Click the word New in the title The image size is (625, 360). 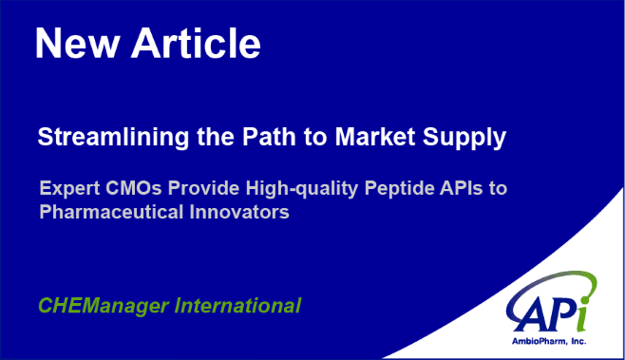tap(78, 44)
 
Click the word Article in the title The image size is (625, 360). tap(196, 43)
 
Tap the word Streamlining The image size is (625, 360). tap(113, 138)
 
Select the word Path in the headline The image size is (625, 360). tap(269, 137)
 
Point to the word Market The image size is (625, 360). tap(375, 137)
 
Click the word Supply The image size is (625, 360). tap(464, 138)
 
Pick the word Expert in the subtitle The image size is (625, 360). tap(69, 189)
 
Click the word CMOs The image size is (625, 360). tap(134, 188)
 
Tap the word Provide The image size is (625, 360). tap(203, 188)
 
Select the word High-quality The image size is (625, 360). tap(302, 189)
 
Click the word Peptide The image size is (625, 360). tap(399, 189)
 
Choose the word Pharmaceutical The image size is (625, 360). tap(111, 212)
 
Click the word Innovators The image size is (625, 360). tap(239, 212)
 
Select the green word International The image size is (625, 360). tap(237, 306)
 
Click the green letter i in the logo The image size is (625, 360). tap(582, 314)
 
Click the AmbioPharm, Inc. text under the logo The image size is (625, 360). tap(549, 341)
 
